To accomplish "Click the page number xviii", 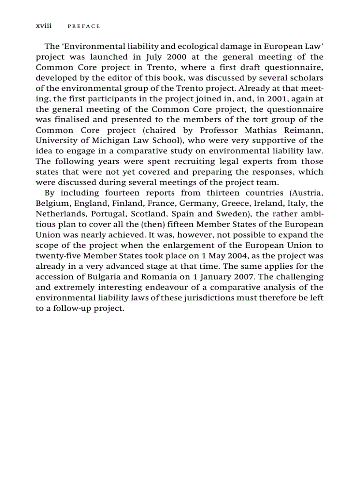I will tap(43, 26).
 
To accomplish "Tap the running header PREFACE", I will tap(84, 26).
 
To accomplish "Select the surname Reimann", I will tap(302, 130).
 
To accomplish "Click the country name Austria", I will tap(306, 193).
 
